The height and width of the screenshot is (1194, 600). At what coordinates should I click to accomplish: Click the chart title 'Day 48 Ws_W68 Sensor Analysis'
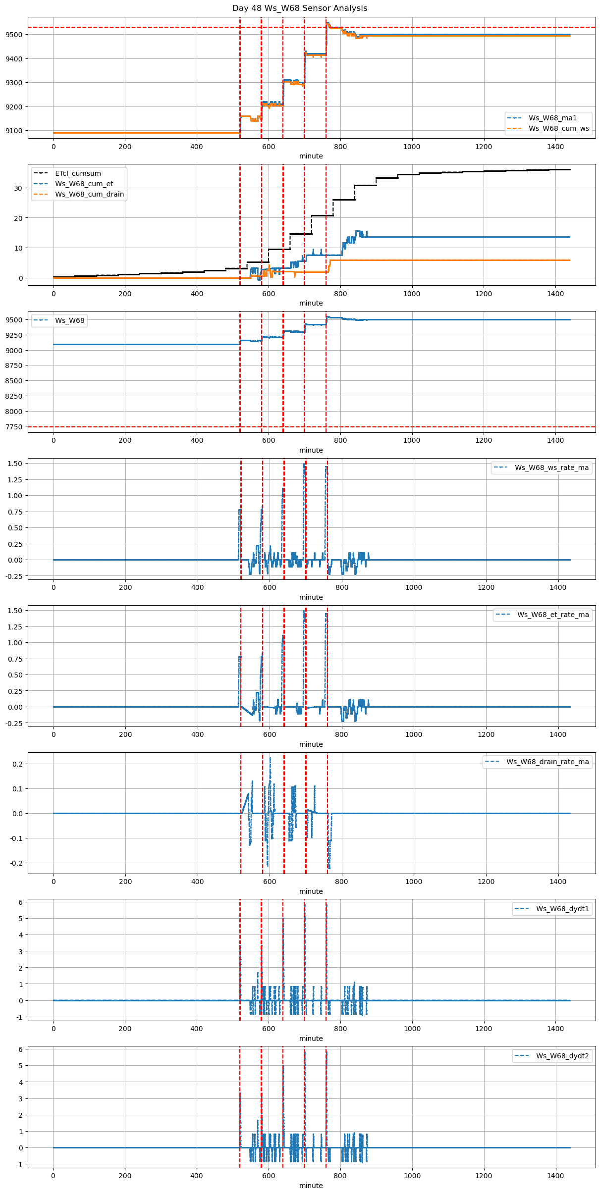(300, 8)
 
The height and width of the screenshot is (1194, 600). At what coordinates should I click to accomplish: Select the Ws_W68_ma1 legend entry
(552, 118)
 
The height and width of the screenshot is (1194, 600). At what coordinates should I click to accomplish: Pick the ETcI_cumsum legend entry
(78, 173)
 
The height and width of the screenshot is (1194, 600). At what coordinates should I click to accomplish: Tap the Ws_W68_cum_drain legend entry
(89, 194)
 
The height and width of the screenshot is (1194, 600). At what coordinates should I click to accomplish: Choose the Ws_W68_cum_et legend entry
(84, 184)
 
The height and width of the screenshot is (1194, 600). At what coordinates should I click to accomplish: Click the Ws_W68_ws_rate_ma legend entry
(551, 467)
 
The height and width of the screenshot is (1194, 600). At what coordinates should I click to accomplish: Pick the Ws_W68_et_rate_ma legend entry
(553, 615)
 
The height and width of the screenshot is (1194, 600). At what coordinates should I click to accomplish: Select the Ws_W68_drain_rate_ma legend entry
(547, 762)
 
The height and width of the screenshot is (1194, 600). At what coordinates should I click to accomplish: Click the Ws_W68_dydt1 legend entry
(562, 909)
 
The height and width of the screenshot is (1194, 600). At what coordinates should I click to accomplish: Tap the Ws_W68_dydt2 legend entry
(562, 1056)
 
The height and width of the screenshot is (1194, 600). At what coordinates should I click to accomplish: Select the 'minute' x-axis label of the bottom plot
(311, 1186)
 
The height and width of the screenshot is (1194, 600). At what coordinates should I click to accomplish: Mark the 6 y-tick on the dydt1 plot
(20, 902)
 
